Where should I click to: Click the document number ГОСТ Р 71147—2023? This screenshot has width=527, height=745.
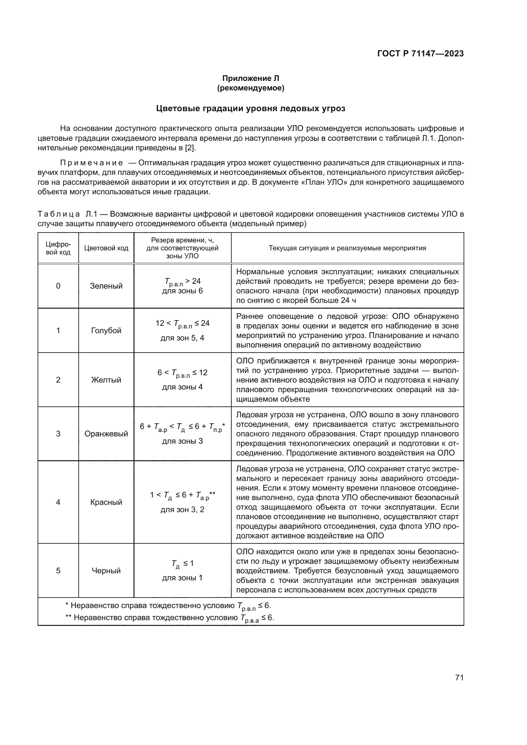point(420,54)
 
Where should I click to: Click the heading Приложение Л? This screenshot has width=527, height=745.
point(250,78)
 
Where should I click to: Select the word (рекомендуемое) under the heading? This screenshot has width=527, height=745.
point(250,88)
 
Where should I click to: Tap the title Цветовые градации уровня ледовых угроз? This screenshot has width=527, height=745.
point(250,108)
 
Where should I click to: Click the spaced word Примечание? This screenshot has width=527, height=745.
point(92,163)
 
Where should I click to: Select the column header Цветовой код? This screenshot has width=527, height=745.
point(106,248)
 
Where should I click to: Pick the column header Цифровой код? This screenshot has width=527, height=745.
point(58,248)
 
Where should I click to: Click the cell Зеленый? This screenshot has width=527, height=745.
point(106,286)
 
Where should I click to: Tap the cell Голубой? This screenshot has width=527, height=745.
point(106,331)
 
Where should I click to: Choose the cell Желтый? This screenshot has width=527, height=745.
point(106,380)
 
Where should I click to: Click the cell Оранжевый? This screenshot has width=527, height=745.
point(106,434)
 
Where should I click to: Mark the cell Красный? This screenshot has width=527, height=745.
point(106,502)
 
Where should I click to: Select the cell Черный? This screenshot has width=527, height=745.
point(106,571)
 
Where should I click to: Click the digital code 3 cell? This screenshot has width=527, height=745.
point(58,434)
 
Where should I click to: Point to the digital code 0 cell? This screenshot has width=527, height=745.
point(58,286)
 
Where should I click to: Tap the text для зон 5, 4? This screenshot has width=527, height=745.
point(182,338)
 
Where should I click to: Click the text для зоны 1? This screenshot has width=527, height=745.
point(182,578)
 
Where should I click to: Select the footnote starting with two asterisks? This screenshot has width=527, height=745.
point(170,618)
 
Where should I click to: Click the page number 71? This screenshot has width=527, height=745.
point(459,678)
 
